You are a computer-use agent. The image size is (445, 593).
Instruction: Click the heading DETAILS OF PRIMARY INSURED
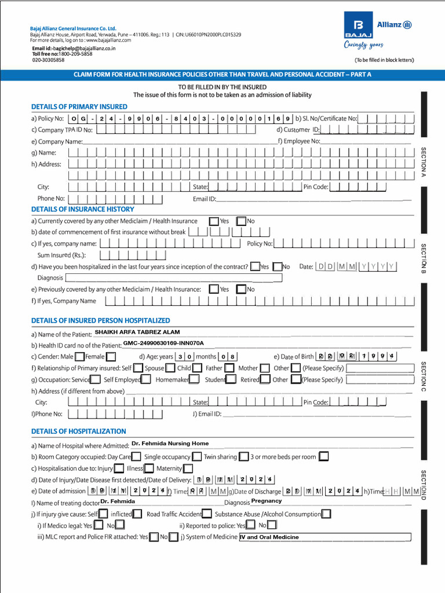(79, 107)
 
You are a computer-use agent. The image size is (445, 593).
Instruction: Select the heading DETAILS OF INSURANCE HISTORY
(82, 210)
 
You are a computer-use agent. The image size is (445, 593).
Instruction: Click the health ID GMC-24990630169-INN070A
(163, 343)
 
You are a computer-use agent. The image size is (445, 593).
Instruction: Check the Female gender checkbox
(111, 357)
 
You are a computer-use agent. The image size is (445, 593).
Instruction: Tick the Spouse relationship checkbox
(170, 368)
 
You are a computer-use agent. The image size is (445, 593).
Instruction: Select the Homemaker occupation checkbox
(194, 379)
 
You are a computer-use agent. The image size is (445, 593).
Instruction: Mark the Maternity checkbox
(188, 468)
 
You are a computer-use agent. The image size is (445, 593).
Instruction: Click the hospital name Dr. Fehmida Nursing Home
(170, 444)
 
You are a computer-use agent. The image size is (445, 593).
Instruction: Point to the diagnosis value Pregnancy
(267, 501)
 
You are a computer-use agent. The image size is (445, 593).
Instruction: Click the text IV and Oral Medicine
(269, 537)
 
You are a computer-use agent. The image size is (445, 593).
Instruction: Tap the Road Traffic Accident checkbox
(207, 514)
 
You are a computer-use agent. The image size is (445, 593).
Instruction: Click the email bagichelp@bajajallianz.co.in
(74, 49)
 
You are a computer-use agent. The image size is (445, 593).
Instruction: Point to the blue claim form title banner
(222, 75)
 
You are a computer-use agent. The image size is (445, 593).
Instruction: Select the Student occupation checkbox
(231, 379)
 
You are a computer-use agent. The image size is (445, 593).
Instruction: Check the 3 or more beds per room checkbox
(323, 457)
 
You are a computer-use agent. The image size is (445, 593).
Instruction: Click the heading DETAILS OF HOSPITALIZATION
(78, 431)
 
